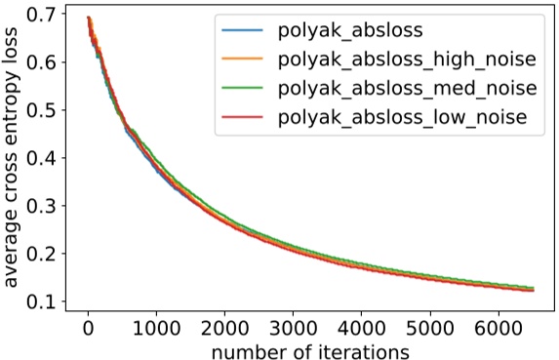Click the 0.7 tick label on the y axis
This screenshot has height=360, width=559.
pos(41,16)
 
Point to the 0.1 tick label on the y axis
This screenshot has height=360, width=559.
pos(41,301)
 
